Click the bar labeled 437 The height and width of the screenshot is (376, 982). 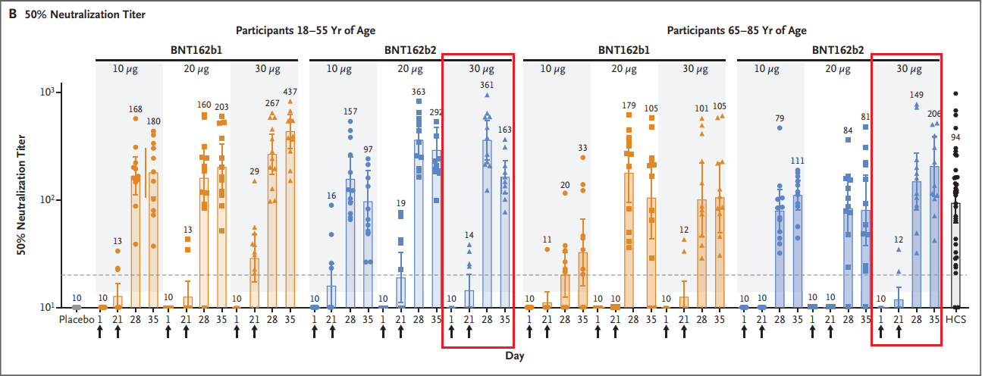[x=290, y=220]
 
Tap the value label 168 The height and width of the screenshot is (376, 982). [x=136, y=108]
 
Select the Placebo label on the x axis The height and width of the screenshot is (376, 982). [x=76, y=319]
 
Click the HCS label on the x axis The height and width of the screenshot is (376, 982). [x=957, y=319]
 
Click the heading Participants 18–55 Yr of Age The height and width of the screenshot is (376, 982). [x=306, y=30]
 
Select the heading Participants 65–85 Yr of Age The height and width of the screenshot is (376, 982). [x=736, y=30]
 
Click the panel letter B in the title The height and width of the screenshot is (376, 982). [x=11, y=13]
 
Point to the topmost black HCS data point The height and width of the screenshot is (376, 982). [x=956, y=93]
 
